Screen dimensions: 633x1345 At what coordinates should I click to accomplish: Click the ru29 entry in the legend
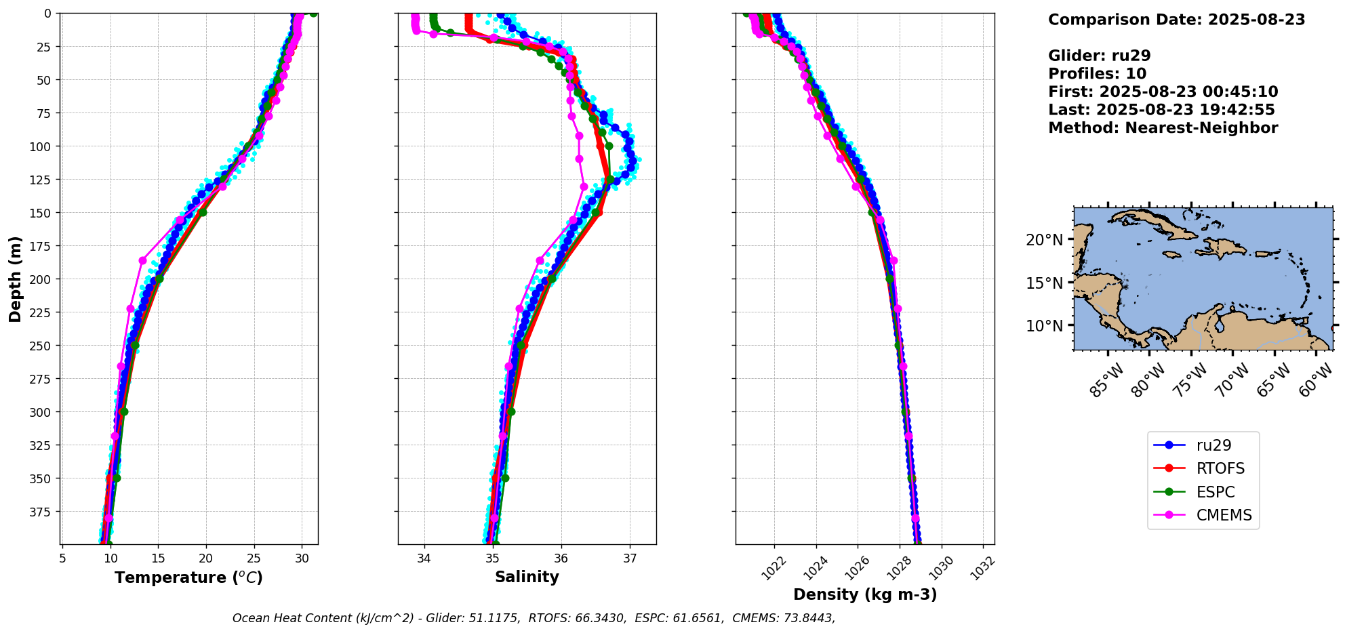1213,445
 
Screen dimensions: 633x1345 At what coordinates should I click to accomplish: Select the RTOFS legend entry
1220,468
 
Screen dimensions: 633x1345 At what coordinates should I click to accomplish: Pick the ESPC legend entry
1215,492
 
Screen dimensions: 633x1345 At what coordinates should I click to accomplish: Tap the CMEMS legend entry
1224,515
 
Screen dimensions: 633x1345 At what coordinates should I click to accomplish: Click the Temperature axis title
188,577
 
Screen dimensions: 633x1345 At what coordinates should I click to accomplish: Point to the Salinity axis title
527,577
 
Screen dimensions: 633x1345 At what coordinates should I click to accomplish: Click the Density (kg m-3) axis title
865,594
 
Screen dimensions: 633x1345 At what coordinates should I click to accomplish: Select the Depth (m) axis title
15,279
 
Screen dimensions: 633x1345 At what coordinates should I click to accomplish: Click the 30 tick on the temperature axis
302,558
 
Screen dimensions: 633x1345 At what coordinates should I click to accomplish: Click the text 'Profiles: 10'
1097,74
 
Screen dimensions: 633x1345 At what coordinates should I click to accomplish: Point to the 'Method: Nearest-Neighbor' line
1163,128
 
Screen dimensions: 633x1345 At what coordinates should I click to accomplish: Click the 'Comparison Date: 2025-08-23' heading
1176,20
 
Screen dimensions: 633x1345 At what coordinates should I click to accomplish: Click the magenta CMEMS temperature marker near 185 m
142,260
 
